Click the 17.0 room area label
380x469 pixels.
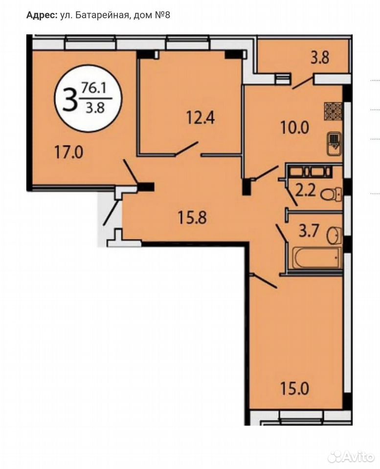point(68,153)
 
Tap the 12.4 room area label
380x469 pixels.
point(201,117)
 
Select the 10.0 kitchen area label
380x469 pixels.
point(294,128)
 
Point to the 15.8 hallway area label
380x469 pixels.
point(192,217)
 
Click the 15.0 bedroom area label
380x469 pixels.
point(294,389)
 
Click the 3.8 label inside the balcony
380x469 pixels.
point(320,58)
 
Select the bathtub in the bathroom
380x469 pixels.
point(316,258)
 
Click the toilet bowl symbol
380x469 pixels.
point(332,194)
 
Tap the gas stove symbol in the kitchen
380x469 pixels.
point(333,111)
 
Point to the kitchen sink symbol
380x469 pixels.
point(334,143)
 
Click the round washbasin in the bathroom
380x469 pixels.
point(334,235)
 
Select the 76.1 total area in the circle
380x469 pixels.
point(92,89)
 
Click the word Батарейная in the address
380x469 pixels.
point(102,15)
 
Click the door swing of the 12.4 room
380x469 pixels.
point(187,149)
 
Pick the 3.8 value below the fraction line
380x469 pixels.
point(95,107)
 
